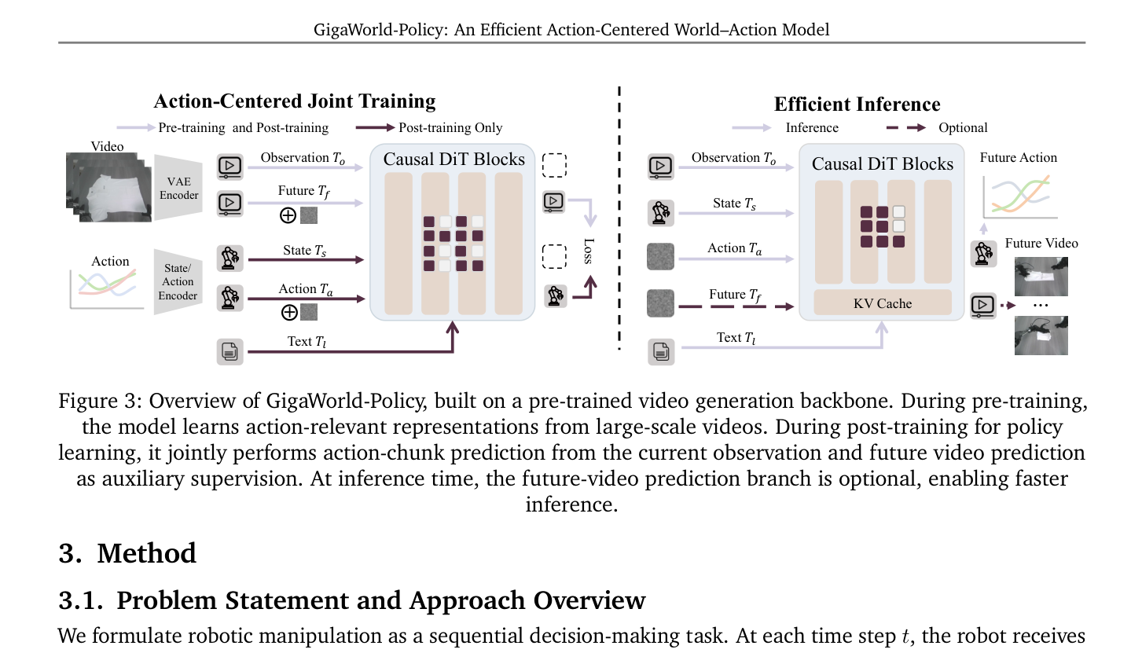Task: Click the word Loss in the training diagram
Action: pos(588,251)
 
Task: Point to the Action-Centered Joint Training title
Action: pos(294,101)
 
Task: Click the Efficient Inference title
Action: pos(857,105)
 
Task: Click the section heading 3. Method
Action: pos(127,553)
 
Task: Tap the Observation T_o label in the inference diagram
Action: pos(733,158)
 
